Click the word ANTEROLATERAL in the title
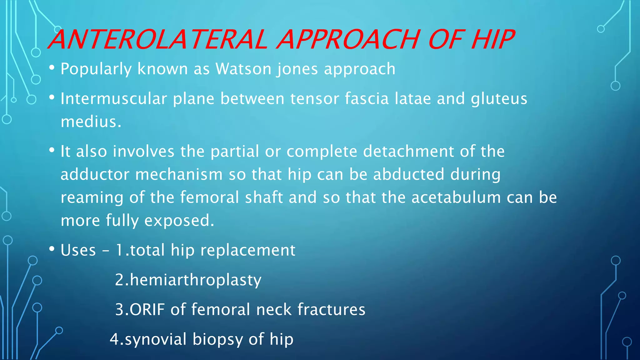tap(158, 40)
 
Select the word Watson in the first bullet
tap(243, 69)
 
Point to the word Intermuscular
tap(114, 99)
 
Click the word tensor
tap(314, 99)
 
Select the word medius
tap(91, 122)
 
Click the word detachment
tap(408, 152)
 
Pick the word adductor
tap(95, 174)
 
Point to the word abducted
tap(408, 174)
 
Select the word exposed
tap(179, 221)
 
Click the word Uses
tap(78, 250)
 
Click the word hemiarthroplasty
tap(195, 280)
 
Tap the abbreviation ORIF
tap(147, 310)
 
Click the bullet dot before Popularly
tap(52, 68)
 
